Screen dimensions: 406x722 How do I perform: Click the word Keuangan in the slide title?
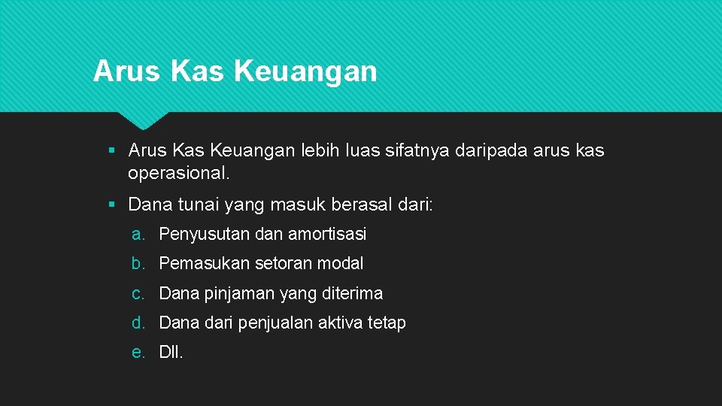point(305,71)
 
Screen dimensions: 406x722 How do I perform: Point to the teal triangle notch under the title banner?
point(143,119)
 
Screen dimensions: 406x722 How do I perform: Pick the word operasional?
point(177,174)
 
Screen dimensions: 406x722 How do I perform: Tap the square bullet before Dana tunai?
point(111,205)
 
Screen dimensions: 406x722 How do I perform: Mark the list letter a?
point(138,234)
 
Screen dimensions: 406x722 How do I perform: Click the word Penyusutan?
point(205,234)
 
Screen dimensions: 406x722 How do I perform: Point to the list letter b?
point(138,263)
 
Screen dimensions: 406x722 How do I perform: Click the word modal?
point(340,263)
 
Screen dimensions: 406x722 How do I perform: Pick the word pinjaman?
point(238,293)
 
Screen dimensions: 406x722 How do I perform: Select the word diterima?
point(353,293)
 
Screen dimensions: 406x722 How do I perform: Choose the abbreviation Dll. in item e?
point(171,352)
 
